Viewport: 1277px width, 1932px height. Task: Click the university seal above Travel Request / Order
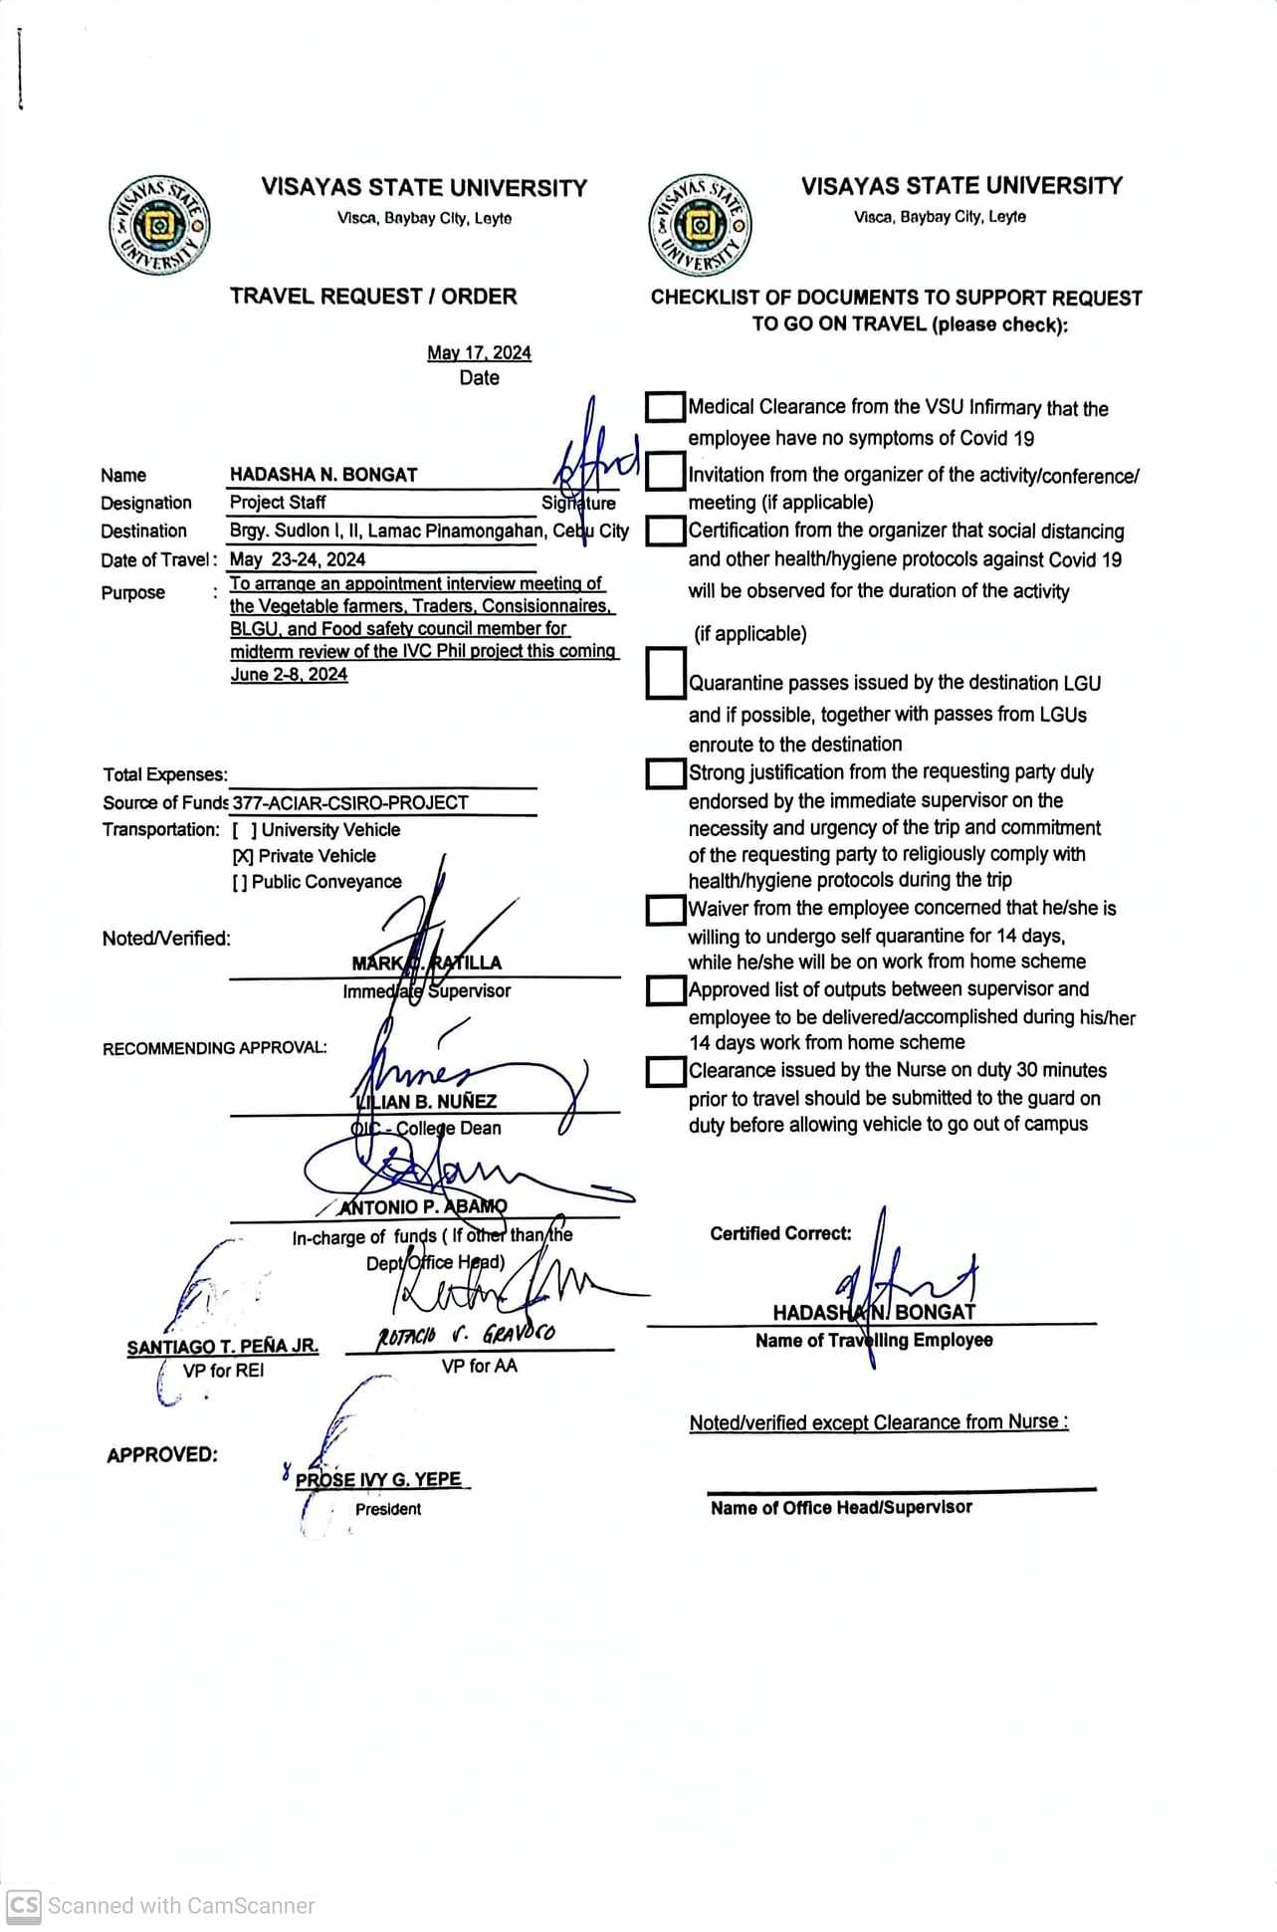(159, 227)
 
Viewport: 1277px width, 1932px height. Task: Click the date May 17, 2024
(479, 352)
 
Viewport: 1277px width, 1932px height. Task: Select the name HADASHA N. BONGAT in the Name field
(323, 475)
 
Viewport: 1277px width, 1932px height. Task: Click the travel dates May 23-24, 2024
(298, 559)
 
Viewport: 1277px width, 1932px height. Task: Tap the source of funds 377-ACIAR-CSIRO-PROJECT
(350, 802)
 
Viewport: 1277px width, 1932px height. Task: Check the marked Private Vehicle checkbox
(243, 856)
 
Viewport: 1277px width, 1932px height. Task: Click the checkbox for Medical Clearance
(665, 406)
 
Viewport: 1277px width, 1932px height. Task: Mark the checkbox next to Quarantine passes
(665, 673)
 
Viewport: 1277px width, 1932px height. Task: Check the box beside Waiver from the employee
(665, 910)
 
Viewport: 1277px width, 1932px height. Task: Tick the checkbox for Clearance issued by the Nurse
(665, 1071)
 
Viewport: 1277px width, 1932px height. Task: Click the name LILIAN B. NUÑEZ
(426, 1101)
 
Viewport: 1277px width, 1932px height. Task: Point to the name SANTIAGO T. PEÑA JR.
(223, 1346)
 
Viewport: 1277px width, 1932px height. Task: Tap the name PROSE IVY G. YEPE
(379, 1479)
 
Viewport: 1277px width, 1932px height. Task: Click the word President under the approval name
(388, 1509)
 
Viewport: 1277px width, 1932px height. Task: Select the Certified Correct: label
(780, 1233)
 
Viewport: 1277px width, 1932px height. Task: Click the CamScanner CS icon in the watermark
(24, 1905)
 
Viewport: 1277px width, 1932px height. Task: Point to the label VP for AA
(480, 1366)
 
